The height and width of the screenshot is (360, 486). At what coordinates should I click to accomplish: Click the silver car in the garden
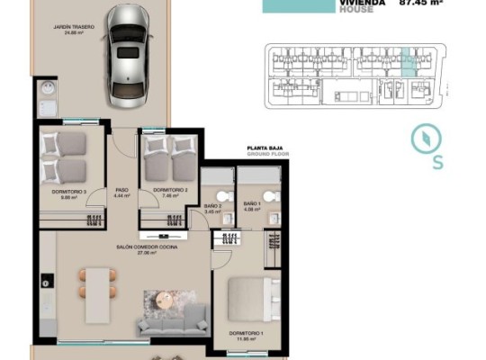tap(128, 53)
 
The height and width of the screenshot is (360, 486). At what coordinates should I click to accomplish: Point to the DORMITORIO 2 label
tap(170, 192)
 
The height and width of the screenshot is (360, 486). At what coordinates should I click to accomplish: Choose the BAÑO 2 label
tap(212, 208)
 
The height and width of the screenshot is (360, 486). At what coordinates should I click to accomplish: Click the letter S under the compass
tap(437, 163)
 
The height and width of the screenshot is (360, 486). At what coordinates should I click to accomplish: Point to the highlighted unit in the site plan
tap(409, 61)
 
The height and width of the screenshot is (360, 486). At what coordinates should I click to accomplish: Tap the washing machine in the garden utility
tap(46, 90)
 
